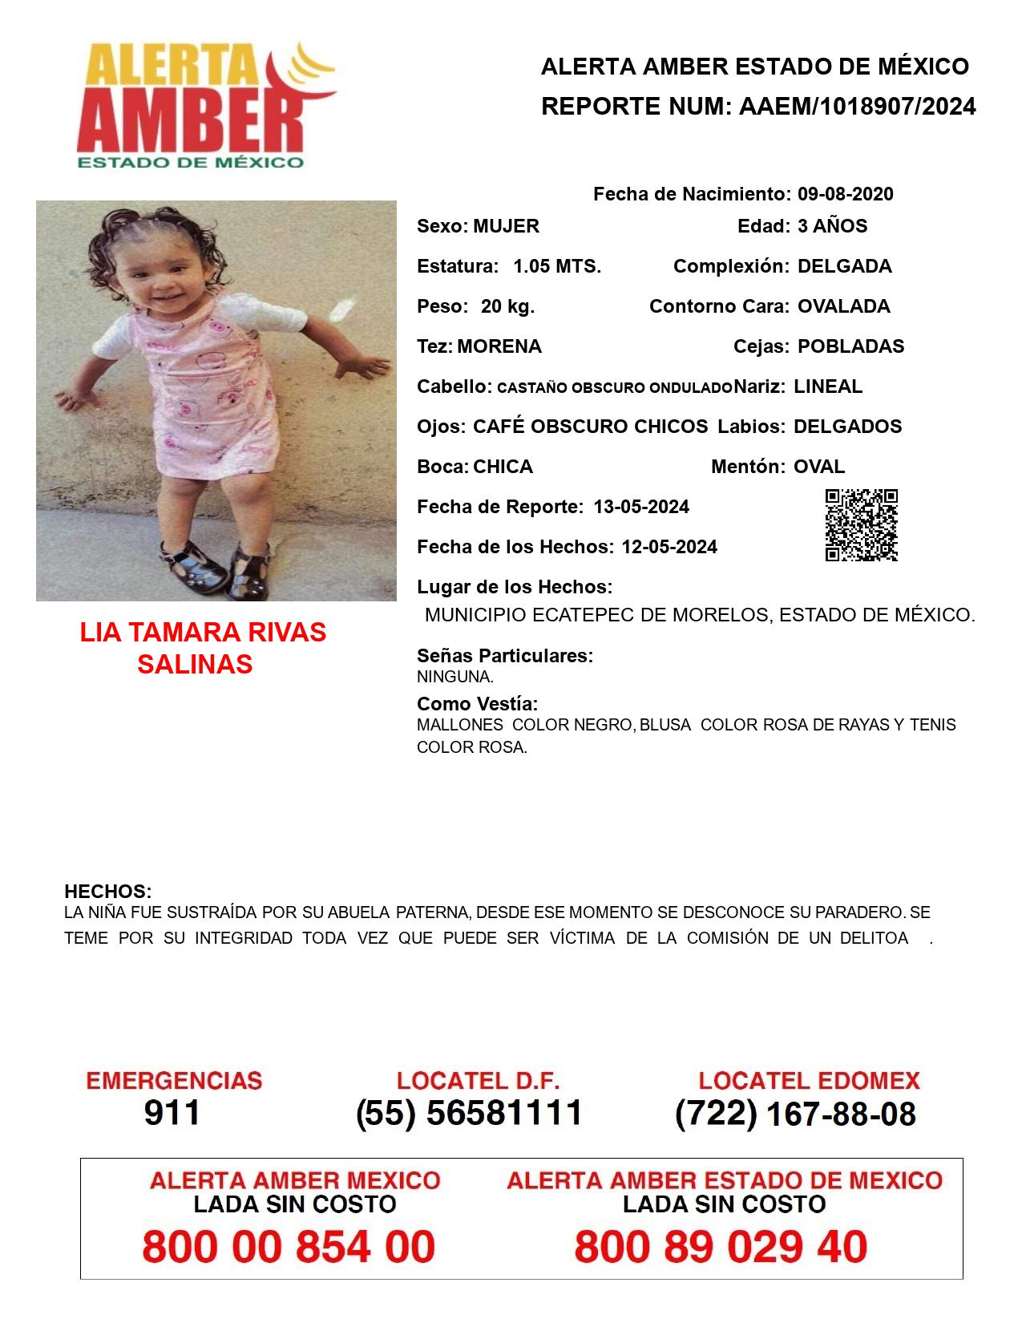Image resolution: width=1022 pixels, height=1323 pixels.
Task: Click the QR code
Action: pos(861,524)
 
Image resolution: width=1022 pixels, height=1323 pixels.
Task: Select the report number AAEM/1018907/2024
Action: pos(857,106)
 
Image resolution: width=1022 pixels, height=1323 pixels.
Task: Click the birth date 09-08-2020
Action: pos(845,194)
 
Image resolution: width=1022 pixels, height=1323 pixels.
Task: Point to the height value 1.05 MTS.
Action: pos(557,266)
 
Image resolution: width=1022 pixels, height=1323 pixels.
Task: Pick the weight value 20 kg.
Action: pos(507,306)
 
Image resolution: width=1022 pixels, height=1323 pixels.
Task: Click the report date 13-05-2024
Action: pos(641,507)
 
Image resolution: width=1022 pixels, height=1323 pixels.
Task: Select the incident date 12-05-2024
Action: pos(669,547)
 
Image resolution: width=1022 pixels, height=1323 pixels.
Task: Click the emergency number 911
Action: pos(172,1113)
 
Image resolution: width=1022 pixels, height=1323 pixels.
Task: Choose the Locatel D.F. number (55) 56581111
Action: pos(470,1113)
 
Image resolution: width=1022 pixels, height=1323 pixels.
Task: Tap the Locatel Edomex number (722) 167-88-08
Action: pos(795,1114)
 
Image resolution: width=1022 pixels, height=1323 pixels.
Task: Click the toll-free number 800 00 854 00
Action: pos(289,1247)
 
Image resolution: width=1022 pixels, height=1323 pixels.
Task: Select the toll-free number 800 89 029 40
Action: pos(721,1247)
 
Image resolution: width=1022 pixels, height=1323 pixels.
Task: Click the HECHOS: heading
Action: pos(107,892)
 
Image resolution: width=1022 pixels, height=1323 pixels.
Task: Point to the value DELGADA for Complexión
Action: pos(844,266)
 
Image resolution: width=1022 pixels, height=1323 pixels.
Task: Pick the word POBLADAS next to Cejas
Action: pos(850,346)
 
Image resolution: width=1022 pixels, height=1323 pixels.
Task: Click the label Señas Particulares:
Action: pos(505,656)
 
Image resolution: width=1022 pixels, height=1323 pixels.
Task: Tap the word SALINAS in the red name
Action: pos(195,664)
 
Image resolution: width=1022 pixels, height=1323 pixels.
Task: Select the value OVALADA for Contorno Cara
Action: pos(843,306)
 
